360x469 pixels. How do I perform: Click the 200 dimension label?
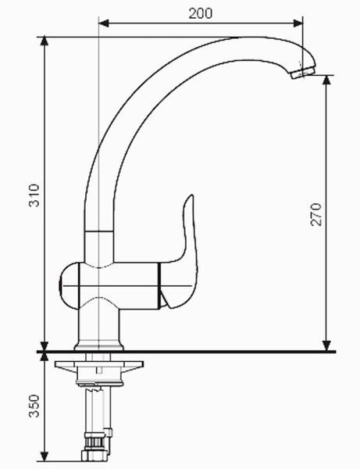(x=201, y=13)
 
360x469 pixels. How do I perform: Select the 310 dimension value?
(x=34, y=195)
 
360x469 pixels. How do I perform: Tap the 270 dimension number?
(x=316, y=214)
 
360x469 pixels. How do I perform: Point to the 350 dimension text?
(x=34, y=406)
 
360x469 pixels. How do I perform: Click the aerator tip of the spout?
(x=303, y=73)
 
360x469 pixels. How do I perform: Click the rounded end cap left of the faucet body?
(x=69, y=285)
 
